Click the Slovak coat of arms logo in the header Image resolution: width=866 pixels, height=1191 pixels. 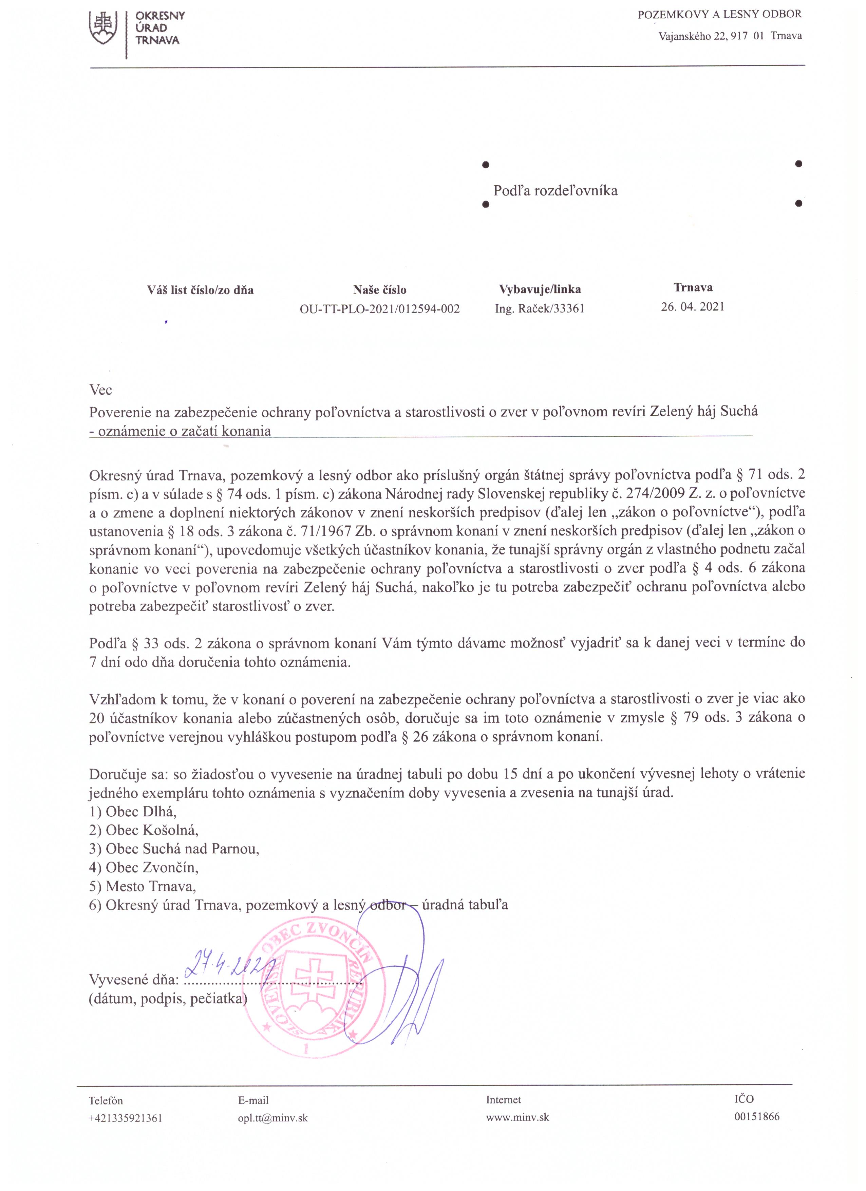coord(103,29)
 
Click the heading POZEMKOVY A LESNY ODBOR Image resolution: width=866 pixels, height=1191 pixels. coord(719,15)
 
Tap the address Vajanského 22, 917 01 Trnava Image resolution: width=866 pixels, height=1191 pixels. coord(730,36)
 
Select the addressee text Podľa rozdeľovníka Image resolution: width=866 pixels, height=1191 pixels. coord(555,191)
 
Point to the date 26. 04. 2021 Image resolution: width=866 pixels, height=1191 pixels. coord(693,307)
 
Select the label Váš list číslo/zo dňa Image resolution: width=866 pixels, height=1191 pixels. coord(201,290)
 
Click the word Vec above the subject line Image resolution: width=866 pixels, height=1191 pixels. coord(100,390)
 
